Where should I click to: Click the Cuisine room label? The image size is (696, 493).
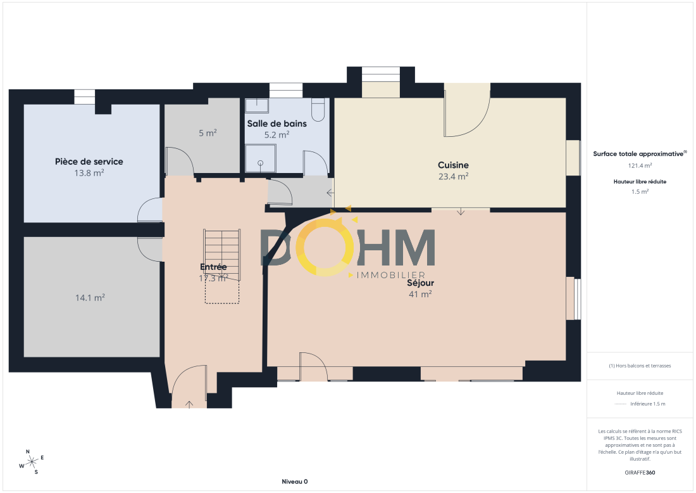point(453,165)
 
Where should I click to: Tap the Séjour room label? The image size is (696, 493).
point(420,283)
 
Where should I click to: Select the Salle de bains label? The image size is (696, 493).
point(277,124)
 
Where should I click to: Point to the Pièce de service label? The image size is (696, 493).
point(89,162)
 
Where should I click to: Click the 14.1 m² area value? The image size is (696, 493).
point(90,297)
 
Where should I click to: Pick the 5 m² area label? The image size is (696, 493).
point(208,133)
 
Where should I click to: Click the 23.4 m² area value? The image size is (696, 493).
point(453,177)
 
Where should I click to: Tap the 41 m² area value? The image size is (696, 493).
point(420,294)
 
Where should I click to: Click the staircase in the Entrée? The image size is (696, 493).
point(222,255)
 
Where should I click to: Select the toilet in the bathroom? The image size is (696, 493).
point(318,110)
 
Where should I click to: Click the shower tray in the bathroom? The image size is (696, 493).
point(260,158)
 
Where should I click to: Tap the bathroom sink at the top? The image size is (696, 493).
point(257,105)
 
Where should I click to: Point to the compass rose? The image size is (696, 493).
point(32,463)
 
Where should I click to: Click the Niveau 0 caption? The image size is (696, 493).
point(295,482)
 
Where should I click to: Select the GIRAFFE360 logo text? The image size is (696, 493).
point(640,473)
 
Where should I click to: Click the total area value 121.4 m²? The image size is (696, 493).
point(640,165)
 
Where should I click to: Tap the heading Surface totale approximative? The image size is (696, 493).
point(638,154)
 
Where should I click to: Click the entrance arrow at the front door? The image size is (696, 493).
point(189,404)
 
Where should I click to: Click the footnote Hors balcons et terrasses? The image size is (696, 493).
point(640,366)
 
